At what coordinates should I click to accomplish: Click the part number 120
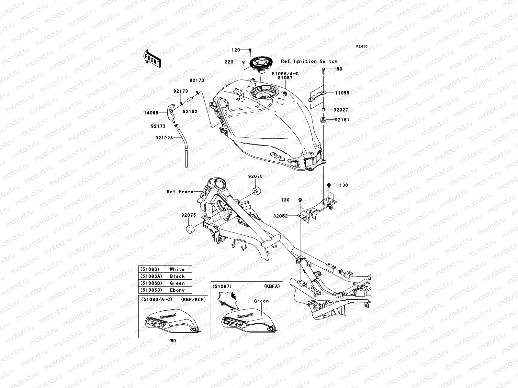(236, 50)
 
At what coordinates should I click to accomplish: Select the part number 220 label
(238, 62)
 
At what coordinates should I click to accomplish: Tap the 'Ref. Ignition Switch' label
(309, 61)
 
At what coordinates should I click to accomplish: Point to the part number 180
(338, 69)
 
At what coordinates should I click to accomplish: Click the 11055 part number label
(342, 93)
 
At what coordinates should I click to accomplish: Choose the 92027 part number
(342, 110)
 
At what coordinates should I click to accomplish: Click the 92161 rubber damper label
(342, 120)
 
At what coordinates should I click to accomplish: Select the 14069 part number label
(151, 113)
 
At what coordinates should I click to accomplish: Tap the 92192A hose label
(164, 138)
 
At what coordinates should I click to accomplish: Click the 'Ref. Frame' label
(180, 192)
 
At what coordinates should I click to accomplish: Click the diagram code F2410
(362, 46)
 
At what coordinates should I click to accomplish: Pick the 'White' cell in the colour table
(177, 269)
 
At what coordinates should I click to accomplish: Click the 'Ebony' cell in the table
(177, 290)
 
